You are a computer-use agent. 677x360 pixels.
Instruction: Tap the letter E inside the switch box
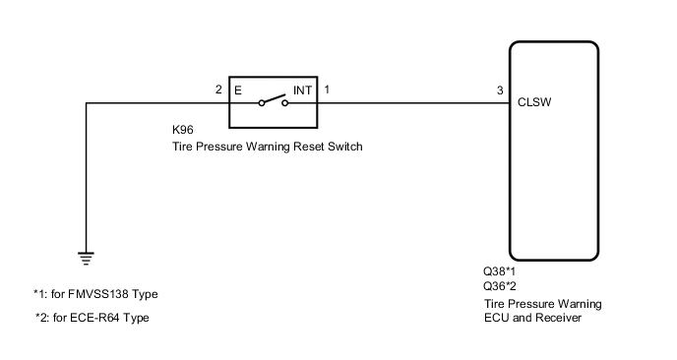pyautogui.click(x=238, y=90)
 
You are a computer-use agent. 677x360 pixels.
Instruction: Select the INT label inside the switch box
pyautogui.click(x=300, y=90)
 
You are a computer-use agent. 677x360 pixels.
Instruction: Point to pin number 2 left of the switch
pyautogui.click(x=218, y=90)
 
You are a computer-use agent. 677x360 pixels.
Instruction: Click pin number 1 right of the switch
pyautogui.click(x=327, y=90)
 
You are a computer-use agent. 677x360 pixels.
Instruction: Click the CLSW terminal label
pyautogui.click(x=533, y=100)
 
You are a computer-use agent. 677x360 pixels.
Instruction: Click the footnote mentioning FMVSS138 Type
pyautogui.click(x=95, y=294)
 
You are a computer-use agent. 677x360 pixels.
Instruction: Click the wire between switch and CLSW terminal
pyautogui.click(x=413, y=100)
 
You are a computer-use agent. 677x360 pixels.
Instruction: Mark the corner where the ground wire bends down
pyautogui.click(x=87, y=100)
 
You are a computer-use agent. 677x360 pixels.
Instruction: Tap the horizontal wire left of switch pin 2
pyautogui.click(x=157, y=100)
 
